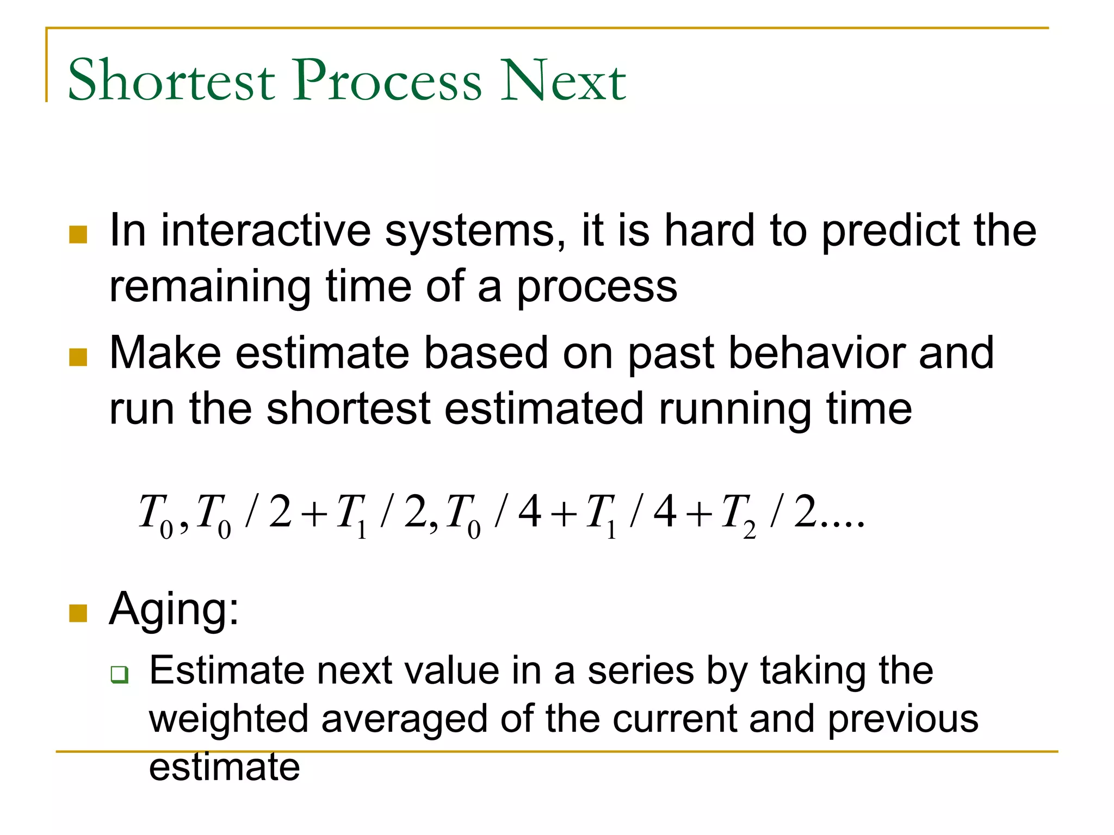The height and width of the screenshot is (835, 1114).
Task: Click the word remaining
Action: [210, 288]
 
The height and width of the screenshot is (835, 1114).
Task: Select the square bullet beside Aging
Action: [78, 613]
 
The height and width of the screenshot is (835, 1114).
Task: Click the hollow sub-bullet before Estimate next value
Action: [119, 675]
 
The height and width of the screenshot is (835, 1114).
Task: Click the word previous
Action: [902, 719]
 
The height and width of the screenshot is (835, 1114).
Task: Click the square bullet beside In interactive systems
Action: [78, 235]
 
